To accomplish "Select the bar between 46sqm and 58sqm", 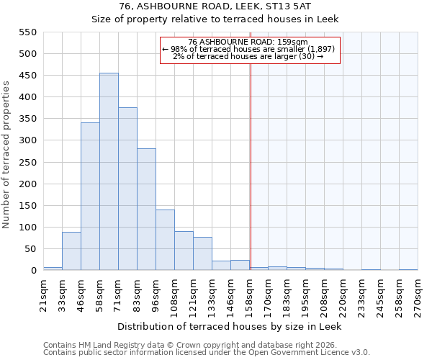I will (90, 196).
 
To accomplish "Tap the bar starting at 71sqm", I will (127, 189).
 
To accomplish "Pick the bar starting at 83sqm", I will (146, 209).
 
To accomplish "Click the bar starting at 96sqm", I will (165, 240).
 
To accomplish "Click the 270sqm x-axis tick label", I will (418, 293).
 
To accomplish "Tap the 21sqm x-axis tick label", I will (43, 293).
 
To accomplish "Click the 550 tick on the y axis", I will (27, 32).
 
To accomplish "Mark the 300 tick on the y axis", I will (27, 140).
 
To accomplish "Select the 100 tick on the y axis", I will (27, 228).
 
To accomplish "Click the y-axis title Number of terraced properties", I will (6, 155).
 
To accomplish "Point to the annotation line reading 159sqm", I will (248, 42).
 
